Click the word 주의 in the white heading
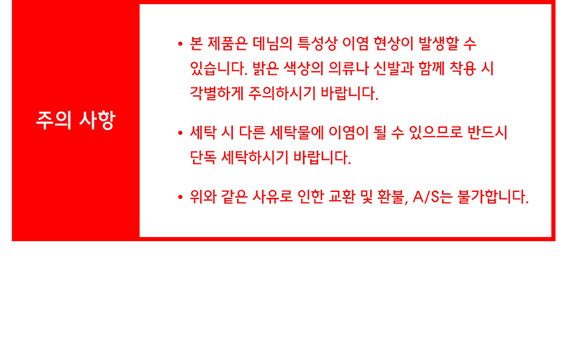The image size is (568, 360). coord(53,120)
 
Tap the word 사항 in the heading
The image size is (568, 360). coord(97,120)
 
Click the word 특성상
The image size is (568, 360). coord(317,43)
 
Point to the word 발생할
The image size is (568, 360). coord(438,43)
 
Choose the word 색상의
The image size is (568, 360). coord(303,68)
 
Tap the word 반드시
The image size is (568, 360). coord(487,132)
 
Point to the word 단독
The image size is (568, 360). coord(203,157)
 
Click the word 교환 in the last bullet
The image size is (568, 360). coord(342,197)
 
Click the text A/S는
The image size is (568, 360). coord(433,197)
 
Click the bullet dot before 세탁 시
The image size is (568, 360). coord(181,133)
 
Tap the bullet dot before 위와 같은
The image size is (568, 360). coord(181,197)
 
